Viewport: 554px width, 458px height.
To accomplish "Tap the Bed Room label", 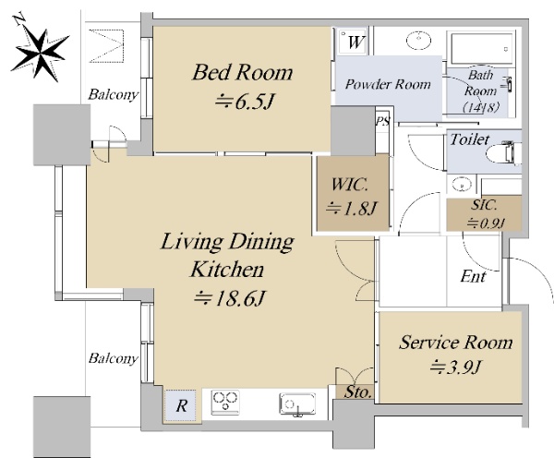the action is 242,72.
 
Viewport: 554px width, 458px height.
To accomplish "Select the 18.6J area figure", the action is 229,299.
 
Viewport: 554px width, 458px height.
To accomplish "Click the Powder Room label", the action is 388,84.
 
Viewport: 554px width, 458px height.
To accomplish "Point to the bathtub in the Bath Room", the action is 483,49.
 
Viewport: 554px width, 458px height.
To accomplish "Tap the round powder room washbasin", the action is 418,40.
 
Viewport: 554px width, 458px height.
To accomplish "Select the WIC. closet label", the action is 350,185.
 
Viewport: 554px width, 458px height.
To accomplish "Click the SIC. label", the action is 484,205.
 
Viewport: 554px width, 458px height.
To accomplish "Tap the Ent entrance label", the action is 473,276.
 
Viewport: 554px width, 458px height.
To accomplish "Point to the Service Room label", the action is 456,342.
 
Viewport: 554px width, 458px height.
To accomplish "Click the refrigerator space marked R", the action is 181,405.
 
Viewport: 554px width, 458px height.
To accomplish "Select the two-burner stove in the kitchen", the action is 225,403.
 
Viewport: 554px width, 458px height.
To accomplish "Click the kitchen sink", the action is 297,404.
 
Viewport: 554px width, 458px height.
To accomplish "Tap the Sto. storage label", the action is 358,392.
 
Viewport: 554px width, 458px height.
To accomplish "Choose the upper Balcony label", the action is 113,95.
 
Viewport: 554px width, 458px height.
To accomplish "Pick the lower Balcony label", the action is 113,358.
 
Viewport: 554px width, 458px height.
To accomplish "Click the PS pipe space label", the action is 382,121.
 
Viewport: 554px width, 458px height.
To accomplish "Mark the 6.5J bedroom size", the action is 244,102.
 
